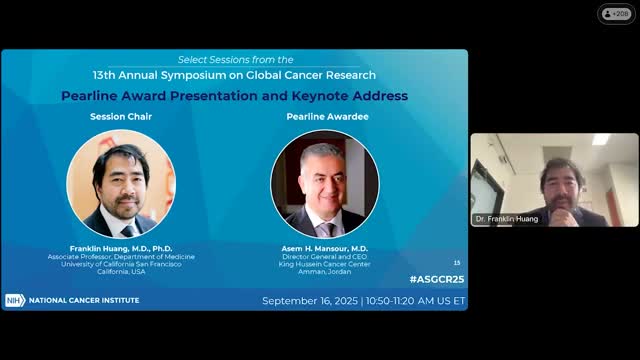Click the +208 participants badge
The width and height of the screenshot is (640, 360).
tap(616, 14)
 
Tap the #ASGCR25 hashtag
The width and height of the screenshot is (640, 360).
tap(436, 277)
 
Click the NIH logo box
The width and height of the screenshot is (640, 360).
tap(14, 300)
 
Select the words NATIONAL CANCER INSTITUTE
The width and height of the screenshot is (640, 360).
tap(84, 300)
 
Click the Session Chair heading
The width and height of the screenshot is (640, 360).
tap(120, 117)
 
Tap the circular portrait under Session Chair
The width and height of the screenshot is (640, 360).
tap(120, 183)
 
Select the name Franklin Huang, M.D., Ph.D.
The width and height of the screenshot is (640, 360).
tap(120, 248)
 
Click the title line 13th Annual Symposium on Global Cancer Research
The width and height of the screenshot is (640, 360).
tap(234, 75)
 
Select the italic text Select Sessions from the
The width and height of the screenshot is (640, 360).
tap(234, 60)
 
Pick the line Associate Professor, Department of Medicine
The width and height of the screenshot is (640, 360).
tap(120, 256)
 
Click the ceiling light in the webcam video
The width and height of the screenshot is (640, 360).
tap(601, 140)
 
